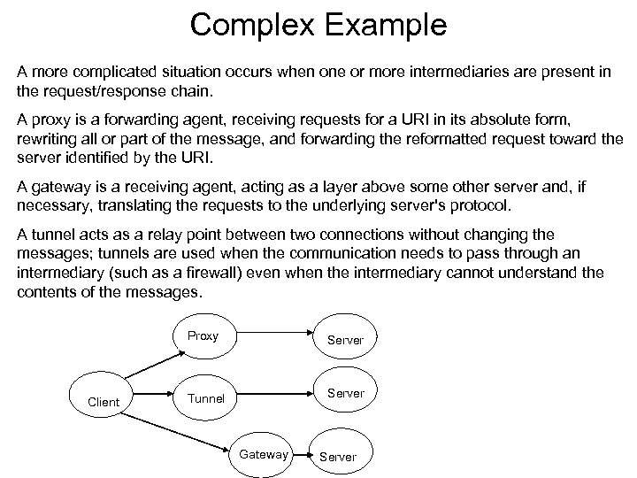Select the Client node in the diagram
pyautogui.click(x=104, y=402)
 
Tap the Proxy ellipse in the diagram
pyautogui.click(x=203, y=336)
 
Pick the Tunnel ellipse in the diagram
pyautogui.click(x=205, y=398)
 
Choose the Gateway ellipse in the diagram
pyautogui.click(x=263, y=454)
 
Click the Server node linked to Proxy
pyautogui.click(x=345, y=340)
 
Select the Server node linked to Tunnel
pyautogui.click(x=345, y=393)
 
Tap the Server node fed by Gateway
pyautogui.click(x=337, y=457)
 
